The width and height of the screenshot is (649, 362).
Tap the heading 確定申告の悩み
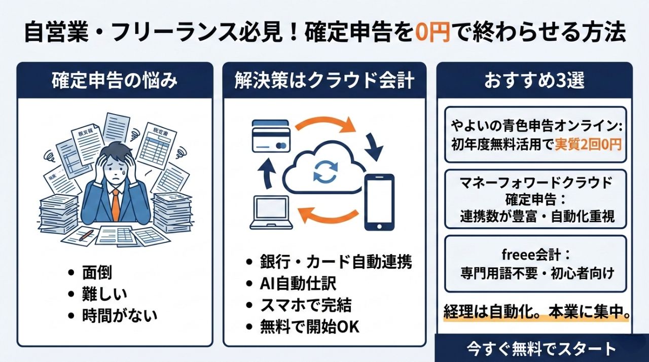click(115, 81)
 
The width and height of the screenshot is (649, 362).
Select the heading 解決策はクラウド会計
click(324, 81)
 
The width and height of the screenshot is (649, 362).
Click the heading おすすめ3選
click(534, 81)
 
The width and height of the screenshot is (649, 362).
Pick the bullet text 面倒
click(96, 272)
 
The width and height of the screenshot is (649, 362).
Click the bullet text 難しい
click(104, 294)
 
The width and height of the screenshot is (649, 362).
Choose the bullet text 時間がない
click(120, 315)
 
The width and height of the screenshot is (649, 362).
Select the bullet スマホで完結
click(306, 305)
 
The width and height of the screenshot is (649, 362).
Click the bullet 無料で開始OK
click(309, 327)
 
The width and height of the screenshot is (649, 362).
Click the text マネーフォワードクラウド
click(536, 182)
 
